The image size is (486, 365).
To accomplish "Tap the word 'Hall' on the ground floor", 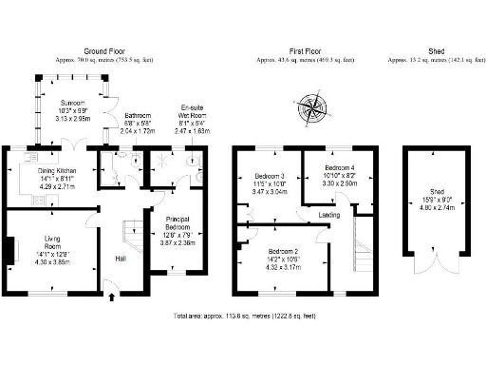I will point(121,258).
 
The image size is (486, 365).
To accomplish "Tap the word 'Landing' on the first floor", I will point(329,215).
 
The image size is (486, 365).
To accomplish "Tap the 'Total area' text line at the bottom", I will point(243,314).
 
